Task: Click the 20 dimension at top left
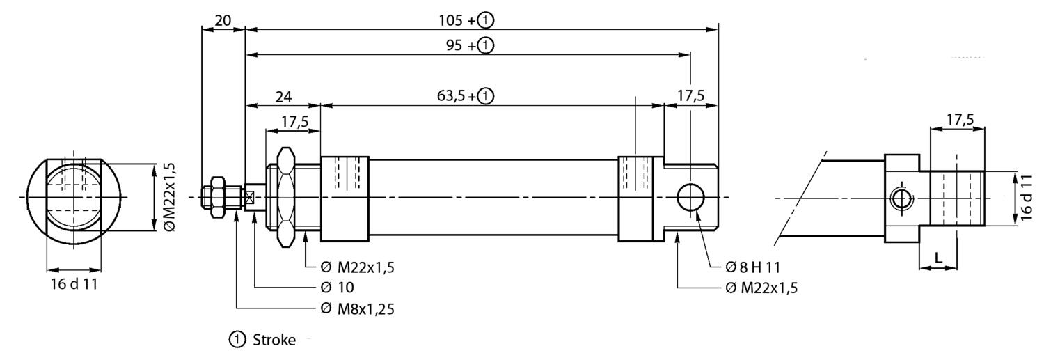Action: point(223,20)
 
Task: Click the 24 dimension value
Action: point(283,97)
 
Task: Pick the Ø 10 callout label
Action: point(338,288)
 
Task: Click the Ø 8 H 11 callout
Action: point(752,267)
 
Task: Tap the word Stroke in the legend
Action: point(274,340)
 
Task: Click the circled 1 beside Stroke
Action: point(237,340)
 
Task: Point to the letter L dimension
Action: point(939,257)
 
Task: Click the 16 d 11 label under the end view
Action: point(74,284)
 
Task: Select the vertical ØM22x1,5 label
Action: point(170,197)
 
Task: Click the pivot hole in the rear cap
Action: point(690,197)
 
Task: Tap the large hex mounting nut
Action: point(285,198)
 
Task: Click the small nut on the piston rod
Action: point(218,197)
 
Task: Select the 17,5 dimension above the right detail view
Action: point(960,120)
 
